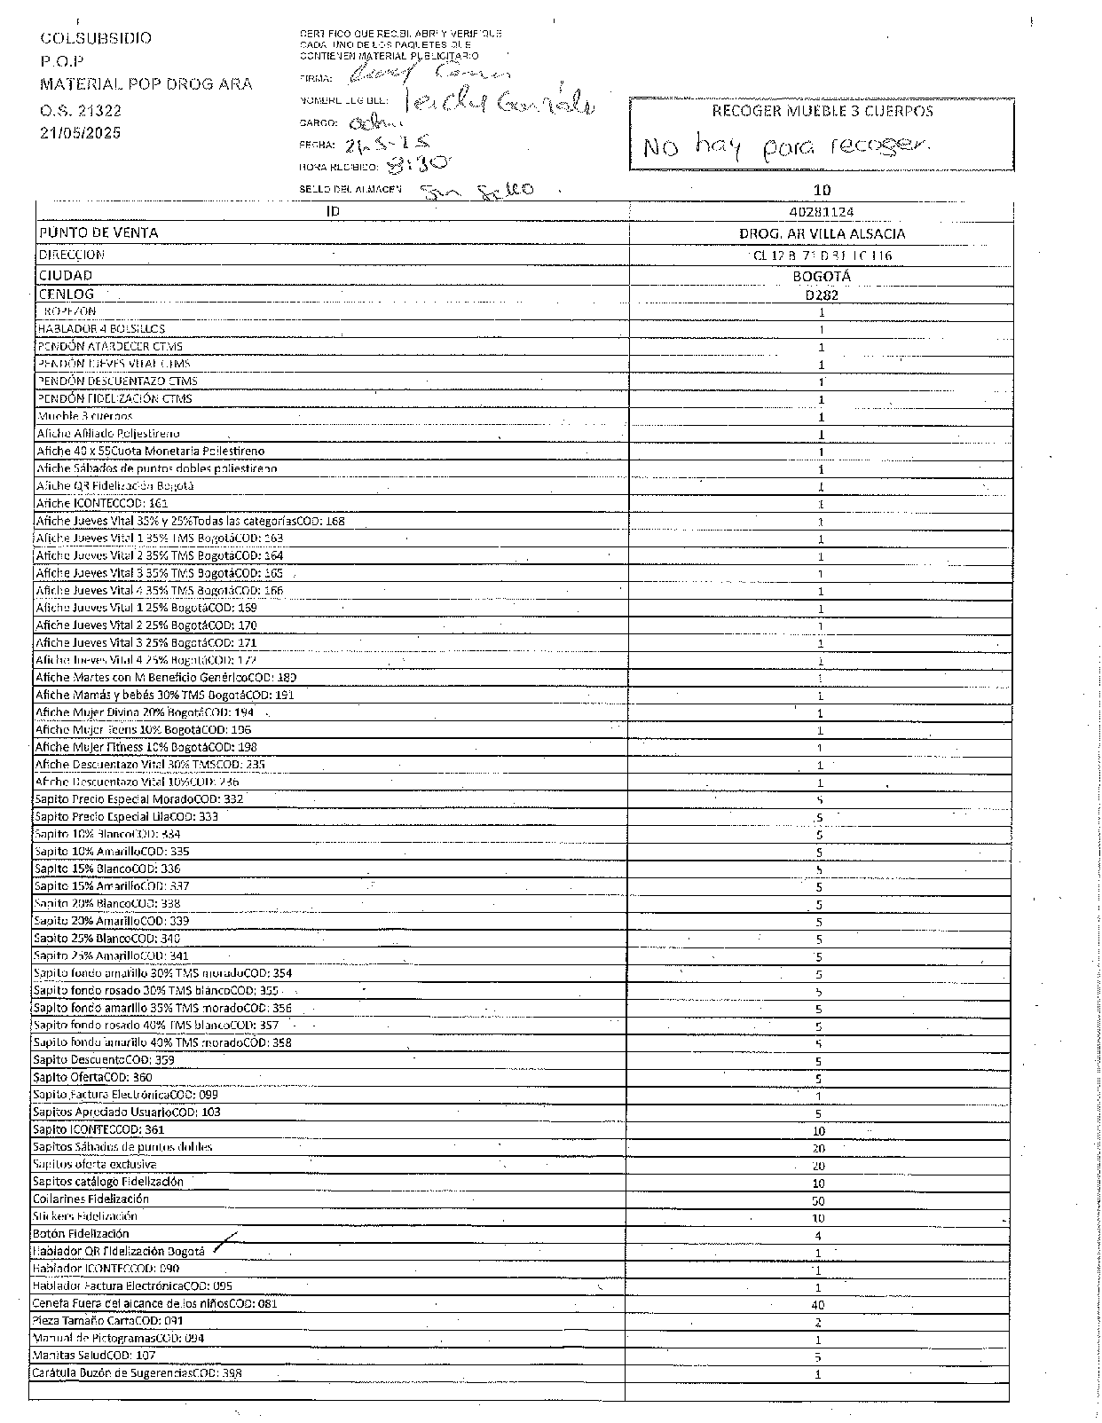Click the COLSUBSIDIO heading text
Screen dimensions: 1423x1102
96,38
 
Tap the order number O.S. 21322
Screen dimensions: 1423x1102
81,111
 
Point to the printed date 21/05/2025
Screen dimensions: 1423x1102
80,133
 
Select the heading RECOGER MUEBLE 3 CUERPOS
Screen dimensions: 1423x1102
823,111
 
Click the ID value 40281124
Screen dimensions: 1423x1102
821,212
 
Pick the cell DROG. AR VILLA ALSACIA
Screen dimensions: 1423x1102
822,234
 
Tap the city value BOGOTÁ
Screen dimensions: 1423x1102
822,276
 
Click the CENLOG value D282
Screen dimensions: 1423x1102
822,295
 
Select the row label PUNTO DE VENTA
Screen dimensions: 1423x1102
98,232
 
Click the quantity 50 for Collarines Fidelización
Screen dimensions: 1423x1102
818,1200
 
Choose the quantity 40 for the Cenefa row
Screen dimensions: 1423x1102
818,1305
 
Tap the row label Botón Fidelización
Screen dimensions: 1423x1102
81,1233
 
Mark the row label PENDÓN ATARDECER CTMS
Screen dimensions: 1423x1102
110,346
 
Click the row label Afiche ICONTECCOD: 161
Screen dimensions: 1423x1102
102,503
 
